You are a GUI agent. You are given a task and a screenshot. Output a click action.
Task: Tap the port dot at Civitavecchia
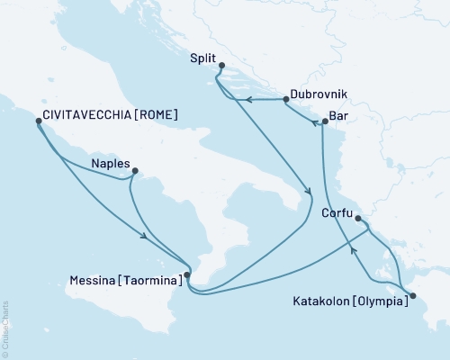(37, 118)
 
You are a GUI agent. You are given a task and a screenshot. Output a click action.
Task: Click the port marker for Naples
(135, 170)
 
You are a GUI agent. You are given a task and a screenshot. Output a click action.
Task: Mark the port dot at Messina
(186, 275)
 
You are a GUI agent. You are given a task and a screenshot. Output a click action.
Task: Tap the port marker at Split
(221, 64)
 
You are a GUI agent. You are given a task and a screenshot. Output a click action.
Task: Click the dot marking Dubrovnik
(287, 100)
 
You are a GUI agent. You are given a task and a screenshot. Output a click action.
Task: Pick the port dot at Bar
(324, 121)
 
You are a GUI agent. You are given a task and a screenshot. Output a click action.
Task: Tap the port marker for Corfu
(358, 218)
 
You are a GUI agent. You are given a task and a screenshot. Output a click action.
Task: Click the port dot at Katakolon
(413, 295)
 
